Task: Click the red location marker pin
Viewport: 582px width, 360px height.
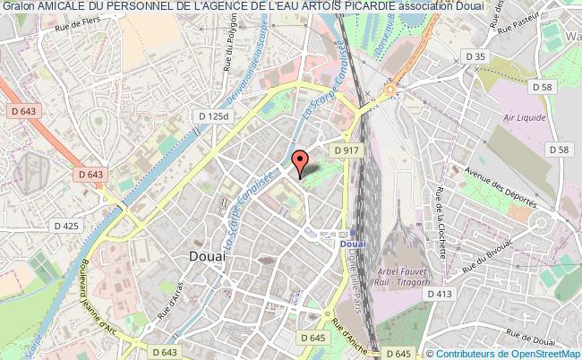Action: click(x=301, y=161)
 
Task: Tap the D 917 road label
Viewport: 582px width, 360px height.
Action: click(x=347, y=150)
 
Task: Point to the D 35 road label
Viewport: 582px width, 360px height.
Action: click(x=477, y=56)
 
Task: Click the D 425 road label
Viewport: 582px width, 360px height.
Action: click(x=66, y=225)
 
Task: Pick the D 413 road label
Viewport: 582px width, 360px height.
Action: click(x=439, y=294)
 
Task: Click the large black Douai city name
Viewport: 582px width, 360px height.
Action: click(x=208, y=256)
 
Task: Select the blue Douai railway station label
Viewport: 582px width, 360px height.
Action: click(x=355, y=241)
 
